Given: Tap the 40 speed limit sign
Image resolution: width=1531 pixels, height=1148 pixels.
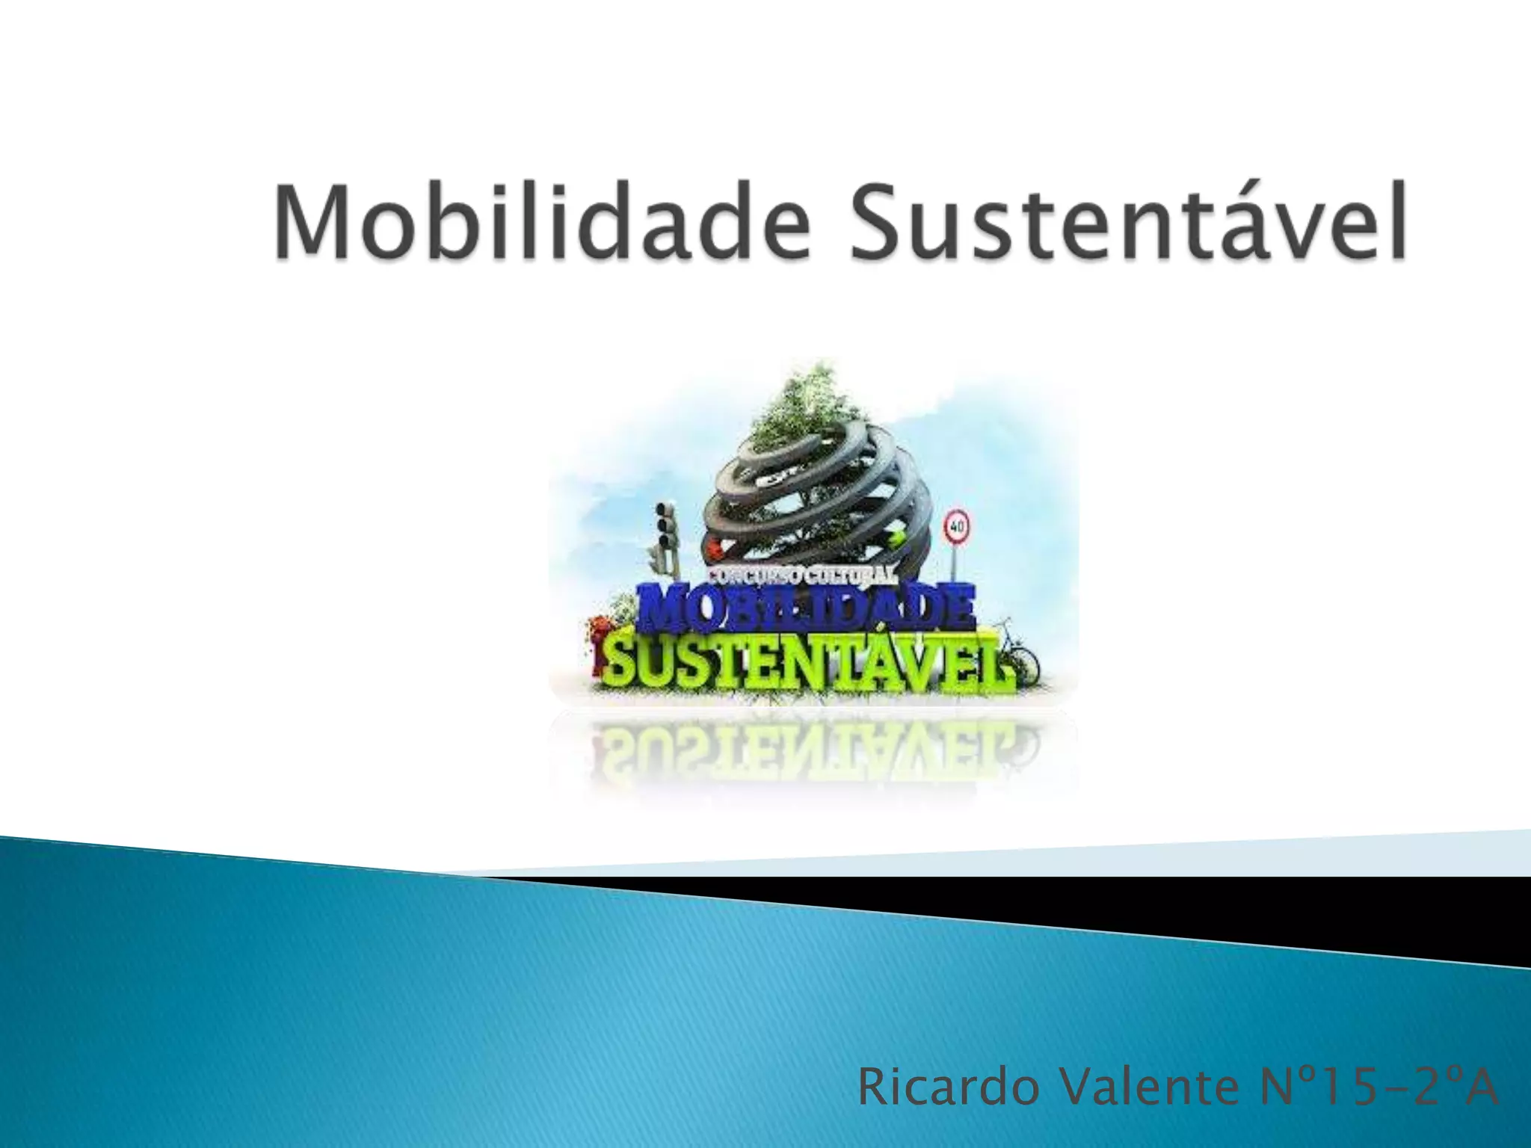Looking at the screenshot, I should click(x=957, y=525).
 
